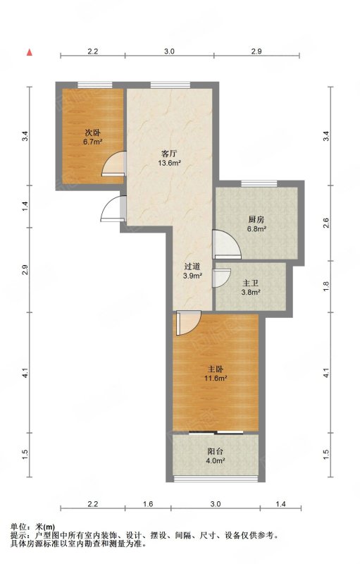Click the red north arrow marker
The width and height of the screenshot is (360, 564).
click(x=30, y=52)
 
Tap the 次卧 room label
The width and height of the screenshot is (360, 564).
click(x=93, y=132)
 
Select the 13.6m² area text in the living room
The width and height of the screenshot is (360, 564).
click(x=168, y=164)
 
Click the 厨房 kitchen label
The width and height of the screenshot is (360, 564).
click(x=256, y=219)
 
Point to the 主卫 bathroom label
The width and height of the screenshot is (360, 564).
click(x=251, y=283)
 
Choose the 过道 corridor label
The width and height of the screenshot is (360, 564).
click(x=192, y=266)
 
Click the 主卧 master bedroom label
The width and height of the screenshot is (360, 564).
click(x=216, y=369)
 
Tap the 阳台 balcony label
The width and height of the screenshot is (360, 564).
click(x=215, y=452)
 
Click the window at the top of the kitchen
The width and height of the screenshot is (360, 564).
click(x=259, y=184)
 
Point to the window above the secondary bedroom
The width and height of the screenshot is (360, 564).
click(x=95, y=85)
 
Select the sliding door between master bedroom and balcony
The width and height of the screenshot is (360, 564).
click(x=216, y=432)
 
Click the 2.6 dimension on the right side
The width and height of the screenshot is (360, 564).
click(x=326, y=223)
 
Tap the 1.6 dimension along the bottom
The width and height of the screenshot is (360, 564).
click(x=148, y=504)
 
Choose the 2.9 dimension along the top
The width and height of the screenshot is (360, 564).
click(x=256, y=51)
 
